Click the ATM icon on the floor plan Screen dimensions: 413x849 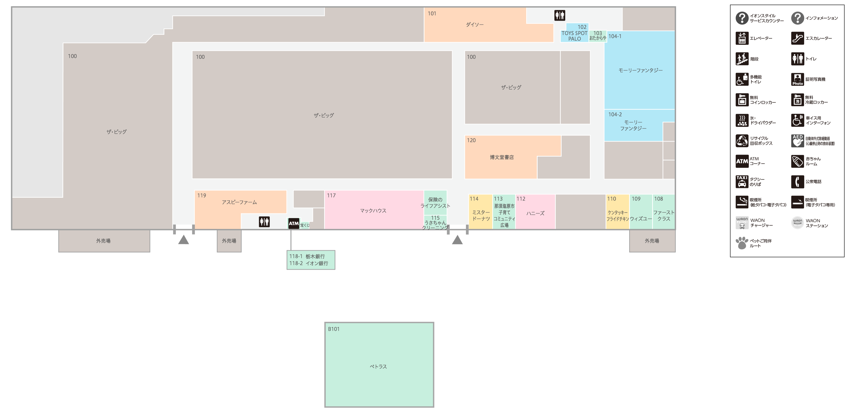(x=294, y=223)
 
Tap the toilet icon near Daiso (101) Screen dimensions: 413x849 (x=559, y=15)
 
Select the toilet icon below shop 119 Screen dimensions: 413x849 (x=264, y=222)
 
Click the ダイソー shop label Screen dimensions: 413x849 (x=475, y=25)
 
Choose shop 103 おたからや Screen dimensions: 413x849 (x=597, y=36)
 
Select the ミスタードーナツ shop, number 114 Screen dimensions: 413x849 (x=481, y=215)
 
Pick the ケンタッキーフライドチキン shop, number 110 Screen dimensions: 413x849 (x=617, y=215)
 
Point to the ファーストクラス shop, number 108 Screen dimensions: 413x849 (x=663, y=215)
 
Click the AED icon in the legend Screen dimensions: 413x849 (x=798, y=141)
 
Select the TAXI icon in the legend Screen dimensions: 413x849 (x=742, y=181)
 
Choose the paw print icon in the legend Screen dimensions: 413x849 (x=742, y=243)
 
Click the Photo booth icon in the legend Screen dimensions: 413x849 (x=798, y=79)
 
